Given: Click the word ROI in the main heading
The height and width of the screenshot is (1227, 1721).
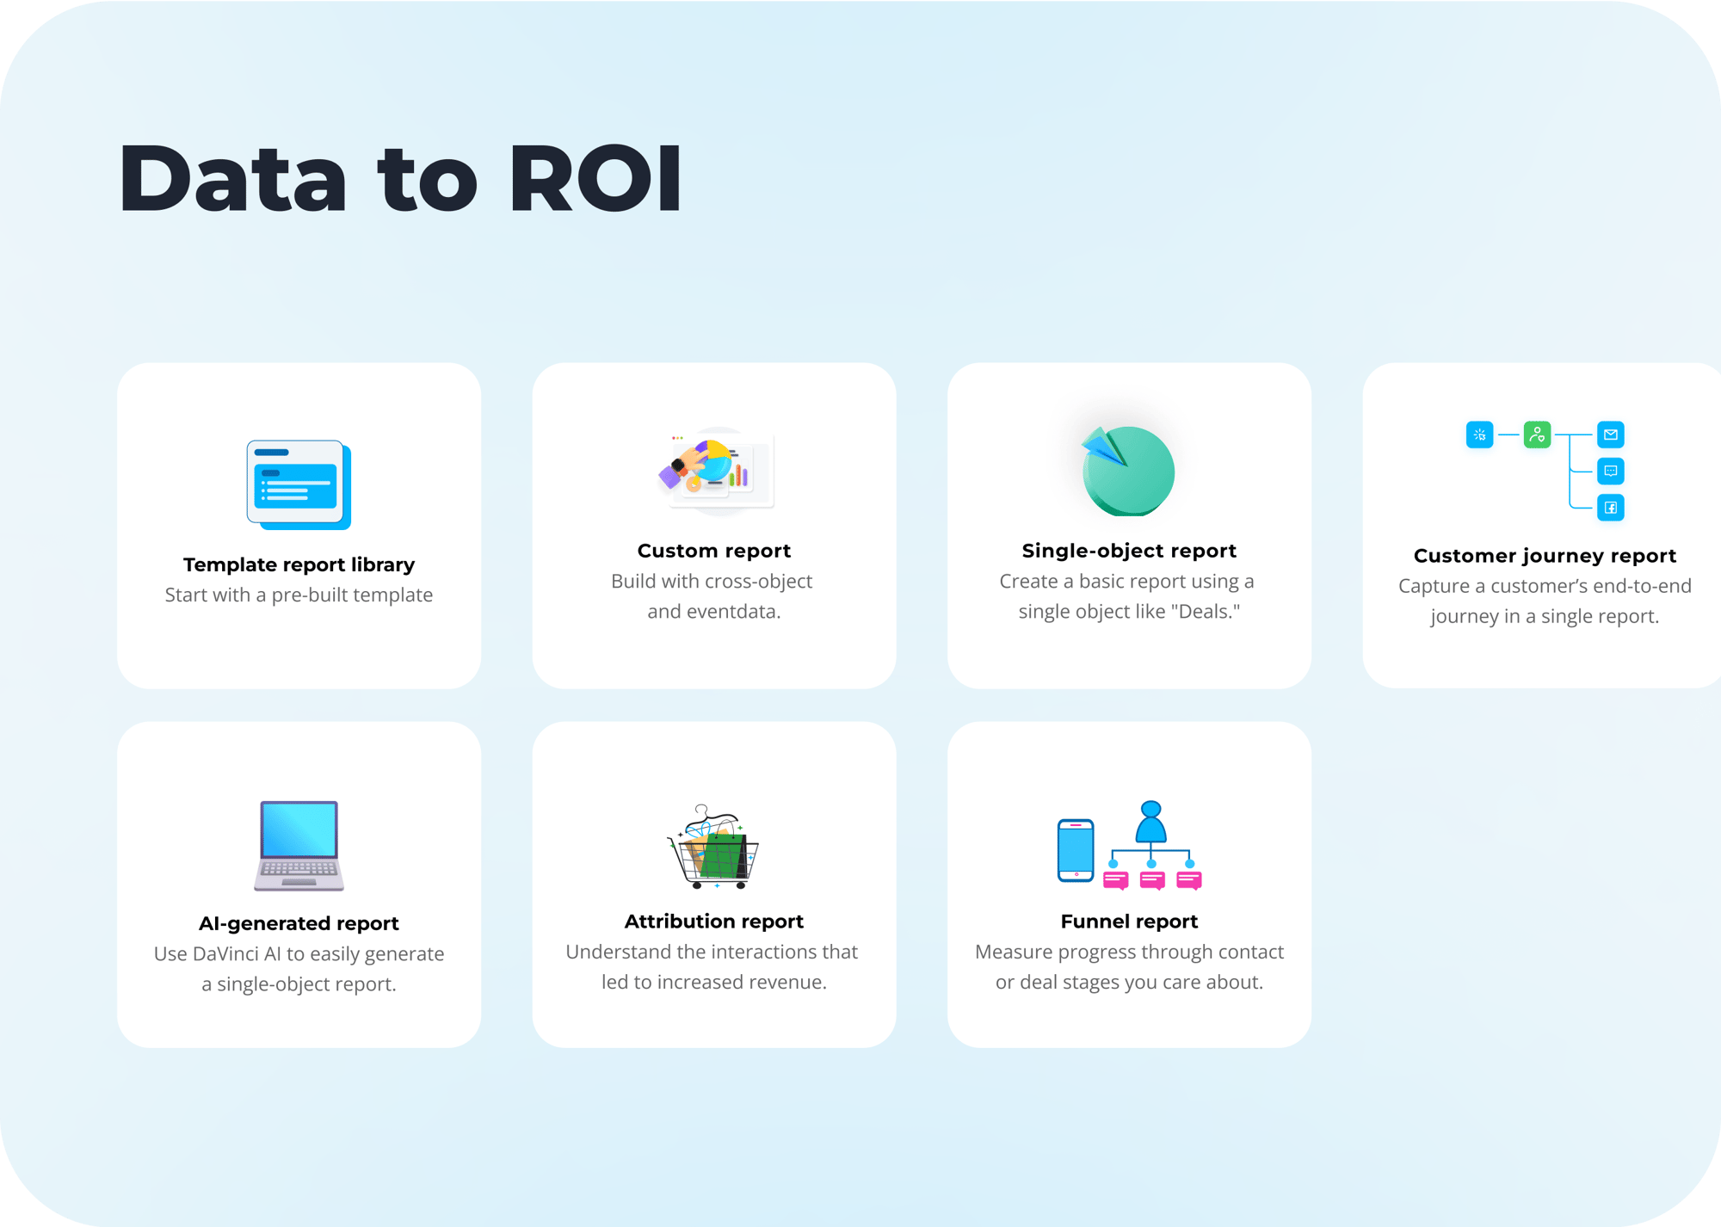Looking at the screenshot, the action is click(595, 178).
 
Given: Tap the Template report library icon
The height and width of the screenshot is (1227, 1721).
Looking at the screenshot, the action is click(299, 484).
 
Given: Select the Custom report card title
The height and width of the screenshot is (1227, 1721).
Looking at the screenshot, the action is click(714, 551).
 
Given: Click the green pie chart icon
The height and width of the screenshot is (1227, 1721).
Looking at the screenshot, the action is click(1128, 471).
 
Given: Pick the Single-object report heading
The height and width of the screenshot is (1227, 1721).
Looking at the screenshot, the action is click(1129, 551).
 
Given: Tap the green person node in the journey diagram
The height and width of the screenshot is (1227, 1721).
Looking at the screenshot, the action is click(1537, 435).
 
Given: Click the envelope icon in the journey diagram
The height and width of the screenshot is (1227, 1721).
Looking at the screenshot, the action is click(1611, 435).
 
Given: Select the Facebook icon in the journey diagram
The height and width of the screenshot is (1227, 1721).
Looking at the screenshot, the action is click(1611, 508).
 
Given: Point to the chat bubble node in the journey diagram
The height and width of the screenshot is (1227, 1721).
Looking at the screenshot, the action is click(1611, 471).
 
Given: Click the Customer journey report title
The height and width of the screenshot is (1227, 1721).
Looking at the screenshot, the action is click(1545, 556).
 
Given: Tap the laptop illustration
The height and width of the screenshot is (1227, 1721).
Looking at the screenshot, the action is click(299, 845).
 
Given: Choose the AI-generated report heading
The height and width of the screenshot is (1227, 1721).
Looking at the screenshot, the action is click(299, 923).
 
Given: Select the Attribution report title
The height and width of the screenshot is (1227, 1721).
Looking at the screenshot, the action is click(714, 922).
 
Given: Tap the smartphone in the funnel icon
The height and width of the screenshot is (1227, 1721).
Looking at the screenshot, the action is click(1076, 850).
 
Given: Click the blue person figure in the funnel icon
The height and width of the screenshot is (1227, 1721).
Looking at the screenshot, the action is click(1150, 822).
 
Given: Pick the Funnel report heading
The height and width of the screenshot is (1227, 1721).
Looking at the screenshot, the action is click(1129, 922).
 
